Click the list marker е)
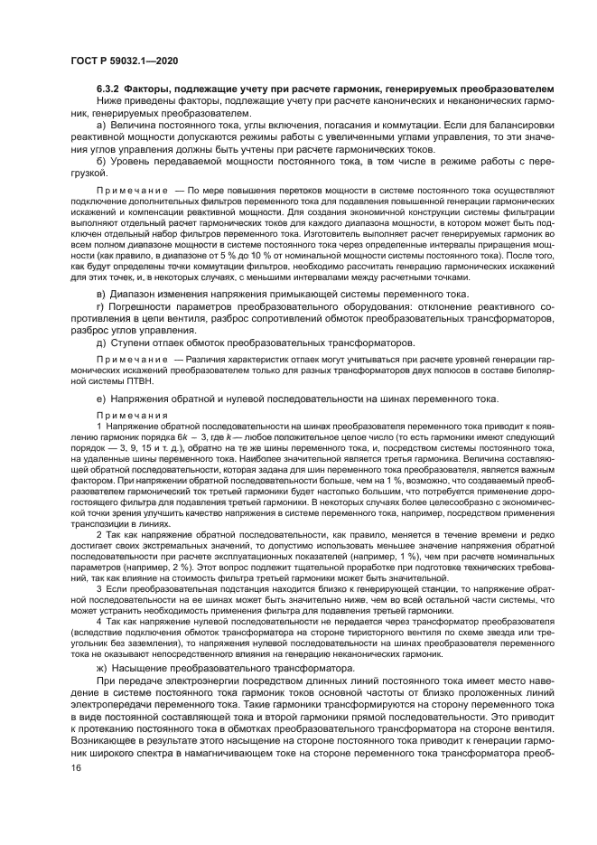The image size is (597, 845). coord(101,399)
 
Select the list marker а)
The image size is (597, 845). coord(101,125)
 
